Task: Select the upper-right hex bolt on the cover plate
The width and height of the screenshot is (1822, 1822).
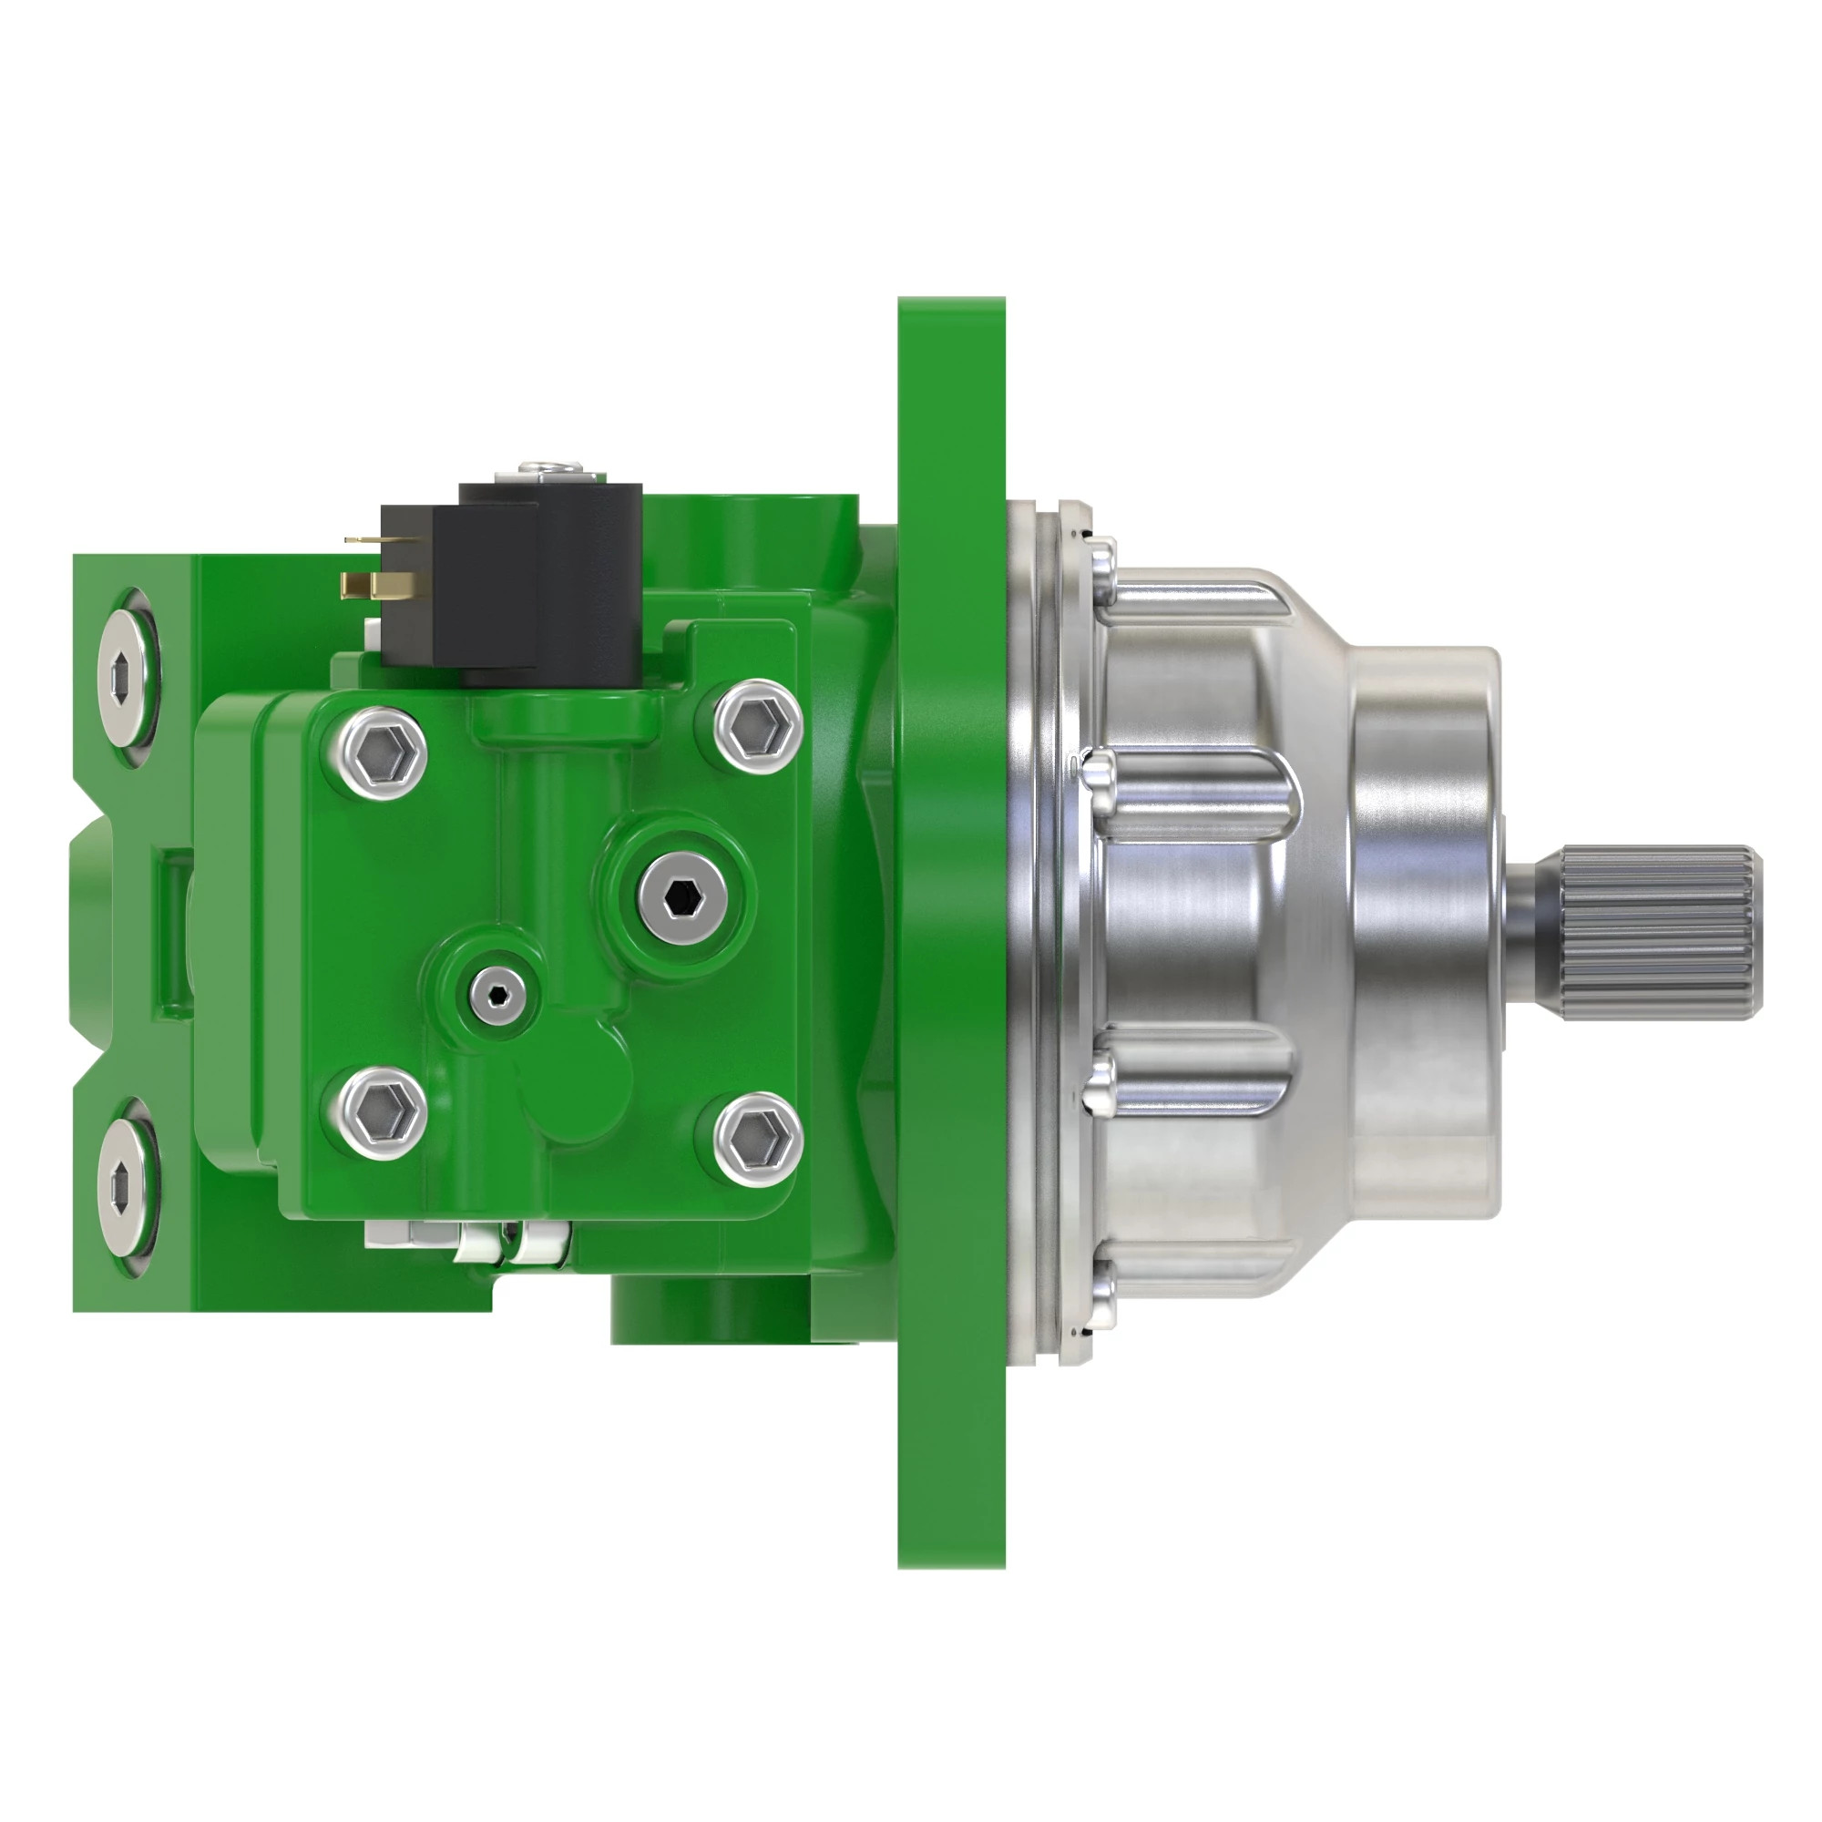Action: pyautogui.click(x=758, y=725)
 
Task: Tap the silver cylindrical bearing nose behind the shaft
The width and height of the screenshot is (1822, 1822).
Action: pyautogui.click(x=1424, y=929)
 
